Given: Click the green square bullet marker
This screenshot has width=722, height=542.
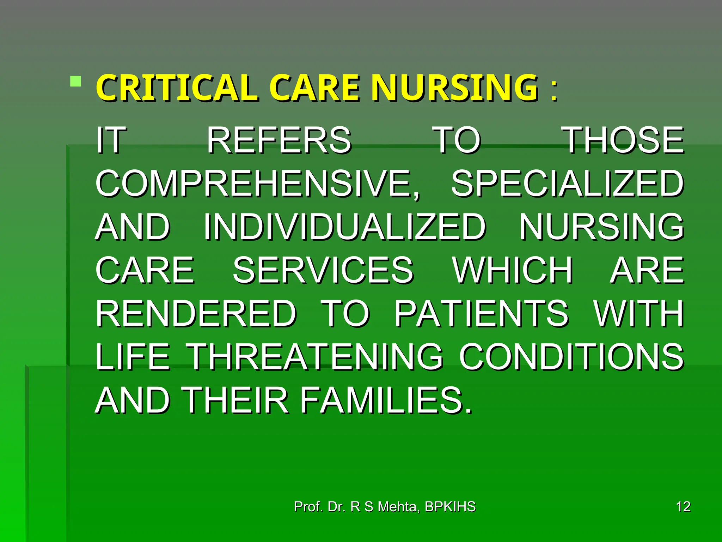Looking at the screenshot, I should [75, 82].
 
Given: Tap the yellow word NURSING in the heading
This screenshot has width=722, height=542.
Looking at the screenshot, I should [455, 88].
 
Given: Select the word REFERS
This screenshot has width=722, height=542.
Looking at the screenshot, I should [279, 140].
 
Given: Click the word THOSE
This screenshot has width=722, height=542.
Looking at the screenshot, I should [623, 140].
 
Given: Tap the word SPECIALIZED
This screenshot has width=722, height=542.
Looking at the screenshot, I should [568, 183].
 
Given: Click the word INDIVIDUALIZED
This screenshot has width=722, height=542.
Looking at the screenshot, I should [345, 227].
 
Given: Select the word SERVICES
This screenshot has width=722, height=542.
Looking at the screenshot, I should [323, 270].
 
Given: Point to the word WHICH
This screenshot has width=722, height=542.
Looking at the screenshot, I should [513, 270].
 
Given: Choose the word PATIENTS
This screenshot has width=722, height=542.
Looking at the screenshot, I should [481, 314].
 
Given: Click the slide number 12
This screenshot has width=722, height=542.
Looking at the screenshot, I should [683, 507].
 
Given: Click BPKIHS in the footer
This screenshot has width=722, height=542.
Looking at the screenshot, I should [450, 507].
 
